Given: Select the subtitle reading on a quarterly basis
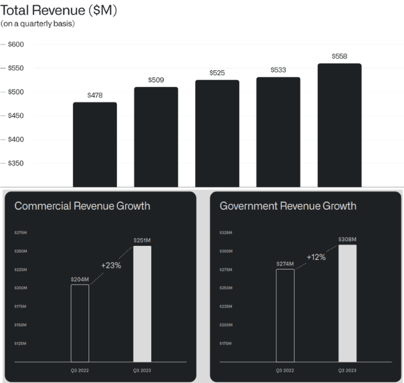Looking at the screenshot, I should tap(37, 25).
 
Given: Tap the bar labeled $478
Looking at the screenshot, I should tap(95, 145).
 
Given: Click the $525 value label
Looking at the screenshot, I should tap(217, 73).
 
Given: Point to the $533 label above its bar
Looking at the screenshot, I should tap(278, 70).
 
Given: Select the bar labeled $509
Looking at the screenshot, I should tap(156, 137).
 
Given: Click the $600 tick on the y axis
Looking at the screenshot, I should tap(15, 44).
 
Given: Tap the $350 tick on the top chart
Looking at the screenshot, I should tap(15, 163).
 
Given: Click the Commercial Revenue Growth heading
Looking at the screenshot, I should tap(82, 206).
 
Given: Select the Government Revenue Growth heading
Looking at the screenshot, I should tap(288, 206).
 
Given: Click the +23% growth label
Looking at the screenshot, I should tap(111, 265).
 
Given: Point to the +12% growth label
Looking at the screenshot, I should tap(316, 257).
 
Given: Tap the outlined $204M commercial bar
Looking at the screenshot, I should tap(80, 323).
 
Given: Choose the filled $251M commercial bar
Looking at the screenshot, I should tap(142, 303).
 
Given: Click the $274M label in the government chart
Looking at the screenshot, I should tap(285, 264).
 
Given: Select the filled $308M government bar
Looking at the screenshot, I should tap(347, 303).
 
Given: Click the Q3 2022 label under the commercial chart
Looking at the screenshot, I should tap(80, 370).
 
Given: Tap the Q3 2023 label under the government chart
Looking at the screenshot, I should tap(347, 370).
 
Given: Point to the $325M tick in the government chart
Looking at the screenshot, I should tap(225, 233).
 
